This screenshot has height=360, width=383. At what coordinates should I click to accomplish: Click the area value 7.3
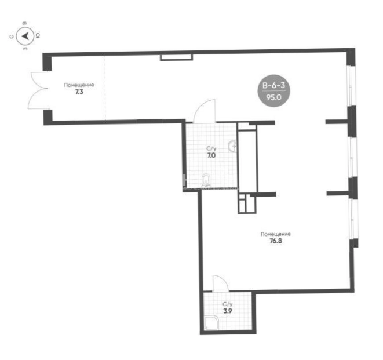point(79,92)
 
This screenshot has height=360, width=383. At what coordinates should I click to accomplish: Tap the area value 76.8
point(276,241)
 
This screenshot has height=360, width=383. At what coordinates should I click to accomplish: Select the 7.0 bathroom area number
point(211,155)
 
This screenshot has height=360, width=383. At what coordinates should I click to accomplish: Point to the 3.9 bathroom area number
point(227,311)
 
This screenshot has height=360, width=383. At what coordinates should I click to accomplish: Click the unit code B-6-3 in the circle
point(273,85)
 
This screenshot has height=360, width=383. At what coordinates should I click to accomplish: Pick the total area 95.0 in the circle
point(274,97)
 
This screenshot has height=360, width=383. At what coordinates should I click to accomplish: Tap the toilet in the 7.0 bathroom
point(206,181)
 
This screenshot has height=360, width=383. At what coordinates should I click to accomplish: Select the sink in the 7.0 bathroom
point(232,146)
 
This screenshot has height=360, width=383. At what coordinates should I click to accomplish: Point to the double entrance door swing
point(39,90)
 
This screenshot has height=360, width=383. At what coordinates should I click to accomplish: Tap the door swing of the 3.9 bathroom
point(221,283)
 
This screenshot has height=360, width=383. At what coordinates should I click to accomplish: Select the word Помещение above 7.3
point(79,85)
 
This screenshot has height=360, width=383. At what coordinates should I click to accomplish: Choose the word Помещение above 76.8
point(276,234)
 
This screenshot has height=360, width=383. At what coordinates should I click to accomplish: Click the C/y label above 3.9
point(227,304)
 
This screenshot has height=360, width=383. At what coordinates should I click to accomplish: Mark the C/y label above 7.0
point(211,148)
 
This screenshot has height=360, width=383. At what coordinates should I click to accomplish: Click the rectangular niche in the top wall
point(177,57)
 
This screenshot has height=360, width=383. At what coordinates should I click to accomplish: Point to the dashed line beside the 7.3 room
point(105,88)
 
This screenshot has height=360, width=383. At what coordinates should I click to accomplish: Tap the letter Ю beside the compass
point(38,36)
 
